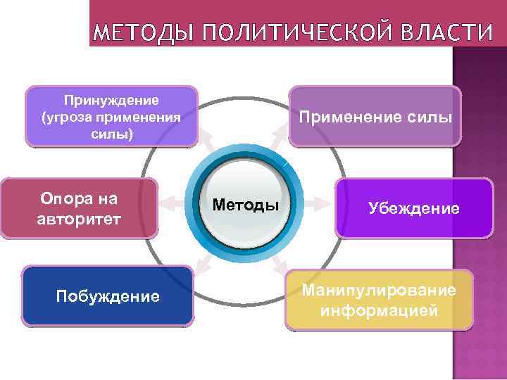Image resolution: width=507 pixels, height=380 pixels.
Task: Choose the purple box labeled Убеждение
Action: (x=413, y=208)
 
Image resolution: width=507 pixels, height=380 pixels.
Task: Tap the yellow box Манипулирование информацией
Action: (x=379, y=300)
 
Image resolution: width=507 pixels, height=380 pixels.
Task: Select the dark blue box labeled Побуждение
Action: (x=108, y=296)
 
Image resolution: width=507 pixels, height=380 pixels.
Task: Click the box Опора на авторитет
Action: (x=79, y=208)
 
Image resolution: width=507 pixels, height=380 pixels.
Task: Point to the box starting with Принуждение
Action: (x=112, y=116)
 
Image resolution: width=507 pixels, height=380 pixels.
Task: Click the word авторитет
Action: (x=79, y=219)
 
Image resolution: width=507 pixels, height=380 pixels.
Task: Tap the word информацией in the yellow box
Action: (x=379, y=310)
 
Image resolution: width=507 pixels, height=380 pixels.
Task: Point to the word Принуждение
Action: (x=112, y=101)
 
